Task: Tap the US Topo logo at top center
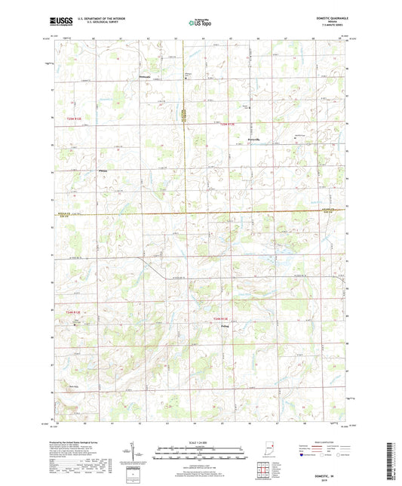pos(201,23)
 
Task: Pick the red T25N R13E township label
pos(228,125)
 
